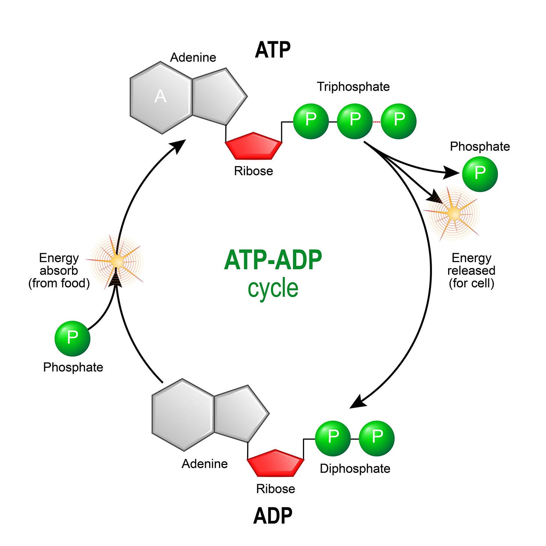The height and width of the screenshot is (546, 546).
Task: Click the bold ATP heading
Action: tap(273, 50)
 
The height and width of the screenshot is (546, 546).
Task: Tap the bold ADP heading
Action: tap(273, 516)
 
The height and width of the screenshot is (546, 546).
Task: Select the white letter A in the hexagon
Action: tap(160, 97)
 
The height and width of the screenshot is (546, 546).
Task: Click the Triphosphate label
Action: tap(353, 87)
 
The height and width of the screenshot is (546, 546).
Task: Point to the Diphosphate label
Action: tap(355, 468)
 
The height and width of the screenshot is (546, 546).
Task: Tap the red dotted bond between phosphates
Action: tap(376, 122)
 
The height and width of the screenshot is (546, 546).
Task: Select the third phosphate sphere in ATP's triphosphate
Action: tap(399, 121)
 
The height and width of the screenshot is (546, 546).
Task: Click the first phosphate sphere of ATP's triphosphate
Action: tap(311, 121)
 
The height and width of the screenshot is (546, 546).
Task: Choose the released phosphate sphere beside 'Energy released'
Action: tap(480, 174)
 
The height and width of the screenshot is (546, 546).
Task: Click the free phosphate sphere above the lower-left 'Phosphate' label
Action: tap(72, 338)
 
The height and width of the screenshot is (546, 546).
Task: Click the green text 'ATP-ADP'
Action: tap(273, 260)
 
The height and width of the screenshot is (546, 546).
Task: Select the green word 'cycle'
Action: tap(273, 288)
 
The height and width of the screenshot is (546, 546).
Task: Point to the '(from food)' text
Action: tap(59, 283)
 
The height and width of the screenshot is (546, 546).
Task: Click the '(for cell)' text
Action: tap(471, 283)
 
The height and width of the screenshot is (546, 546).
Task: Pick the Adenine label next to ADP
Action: tap(205, 464)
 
